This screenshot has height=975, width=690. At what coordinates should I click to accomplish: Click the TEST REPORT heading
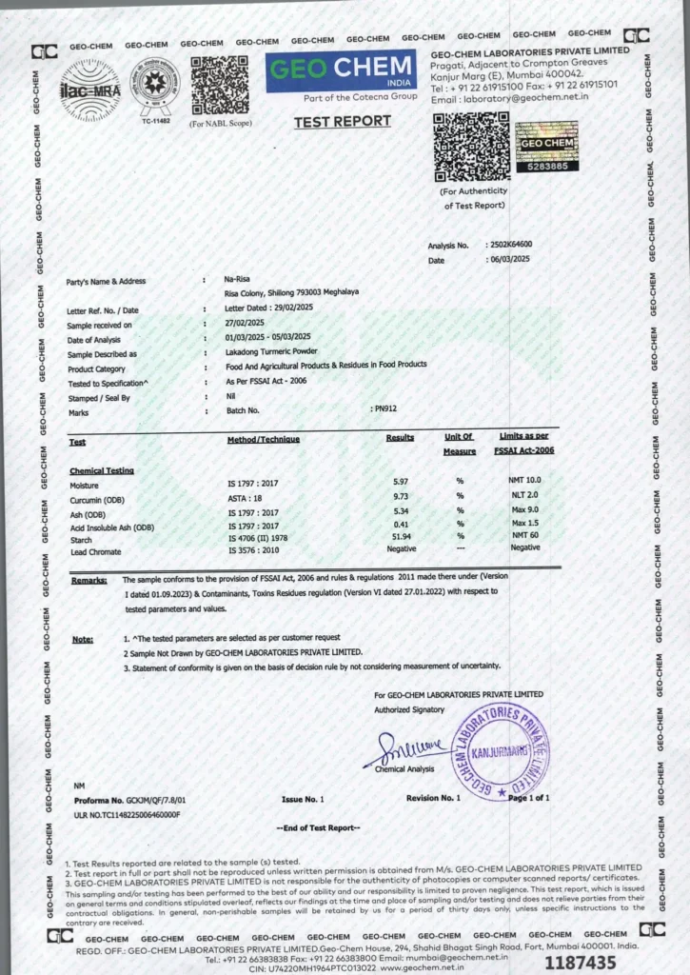pos(342,121)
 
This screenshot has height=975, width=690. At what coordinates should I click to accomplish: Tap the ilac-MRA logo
pos(90,90)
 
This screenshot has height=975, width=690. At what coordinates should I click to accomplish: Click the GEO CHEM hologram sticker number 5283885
pos(546,151)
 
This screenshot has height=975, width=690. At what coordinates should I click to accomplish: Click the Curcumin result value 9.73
pos(400,497)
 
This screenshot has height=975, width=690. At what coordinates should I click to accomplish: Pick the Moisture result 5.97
pos(400,484)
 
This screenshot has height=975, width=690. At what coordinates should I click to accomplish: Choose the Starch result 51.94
pos(400,538)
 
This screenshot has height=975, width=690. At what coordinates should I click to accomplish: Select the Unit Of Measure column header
pos(460,444)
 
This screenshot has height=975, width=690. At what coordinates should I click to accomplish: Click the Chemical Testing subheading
pos(102,470)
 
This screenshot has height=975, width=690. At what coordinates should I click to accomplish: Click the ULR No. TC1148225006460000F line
pos(127,815)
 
